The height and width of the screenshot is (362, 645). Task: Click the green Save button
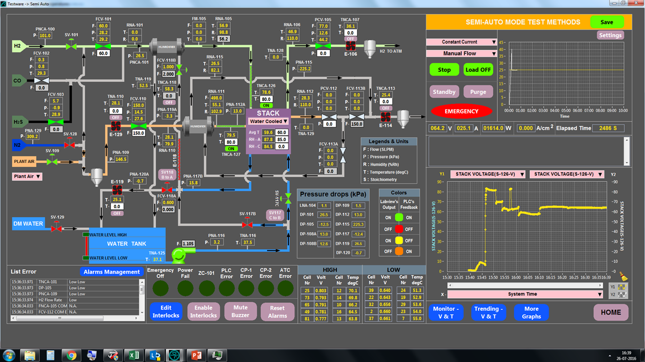(607, 22)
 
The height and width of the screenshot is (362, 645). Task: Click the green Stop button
(444, 70)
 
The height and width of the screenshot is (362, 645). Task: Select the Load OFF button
(478, 70)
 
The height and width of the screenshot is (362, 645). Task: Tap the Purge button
(478, 92)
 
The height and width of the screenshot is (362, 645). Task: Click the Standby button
(444, 92)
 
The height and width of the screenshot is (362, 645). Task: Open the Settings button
(610, 35)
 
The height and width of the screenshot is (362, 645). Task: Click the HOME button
(611, 312)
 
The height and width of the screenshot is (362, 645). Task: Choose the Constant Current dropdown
(462, 42)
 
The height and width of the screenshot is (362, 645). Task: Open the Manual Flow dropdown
(462, 53)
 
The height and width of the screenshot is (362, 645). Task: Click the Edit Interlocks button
(166, 311)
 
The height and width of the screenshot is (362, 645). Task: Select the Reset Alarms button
(277, 312)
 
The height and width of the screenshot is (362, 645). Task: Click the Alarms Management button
(111, 272)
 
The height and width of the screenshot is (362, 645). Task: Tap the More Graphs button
(531, 312)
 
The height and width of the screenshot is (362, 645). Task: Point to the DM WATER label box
(28, 224)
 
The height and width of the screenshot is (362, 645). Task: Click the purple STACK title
(268, 113)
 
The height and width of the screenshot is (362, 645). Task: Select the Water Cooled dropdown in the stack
(268, 121)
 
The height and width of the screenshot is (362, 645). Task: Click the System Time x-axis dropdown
(525, 294)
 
